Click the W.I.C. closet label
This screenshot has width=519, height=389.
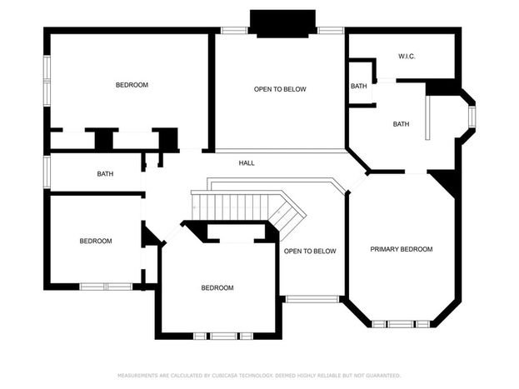(x=407, y=57)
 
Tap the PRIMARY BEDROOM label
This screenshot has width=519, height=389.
(x=402, y=249)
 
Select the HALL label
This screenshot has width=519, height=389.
(x=247, y=163)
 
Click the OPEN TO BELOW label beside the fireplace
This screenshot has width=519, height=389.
(x=280, y=89)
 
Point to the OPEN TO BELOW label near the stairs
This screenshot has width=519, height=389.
(x=310, y=252)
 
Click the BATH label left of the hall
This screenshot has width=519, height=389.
(x=105, y=174)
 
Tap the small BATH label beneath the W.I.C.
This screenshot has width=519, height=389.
(x=359, y=86)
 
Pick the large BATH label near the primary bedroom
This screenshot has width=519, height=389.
(x=401, y=124)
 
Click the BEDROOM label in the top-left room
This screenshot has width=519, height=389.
(x=132, y=85)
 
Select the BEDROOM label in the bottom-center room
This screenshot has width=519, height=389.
(x=217, y=288)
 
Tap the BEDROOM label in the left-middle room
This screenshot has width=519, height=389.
(x=96, y=241)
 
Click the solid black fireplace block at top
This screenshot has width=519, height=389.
(x=282, y=23)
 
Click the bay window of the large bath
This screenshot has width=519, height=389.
(x=472, y=117)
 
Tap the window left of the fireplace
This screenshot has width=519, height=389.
(x=234, y=31)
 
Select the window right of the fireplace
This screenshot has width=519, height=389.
(x=331, y=31)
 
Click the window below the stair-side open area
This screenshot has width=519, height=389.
(x=312, y=299)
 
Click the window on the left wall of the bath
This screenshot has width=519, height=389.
(x=47, y=172)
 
